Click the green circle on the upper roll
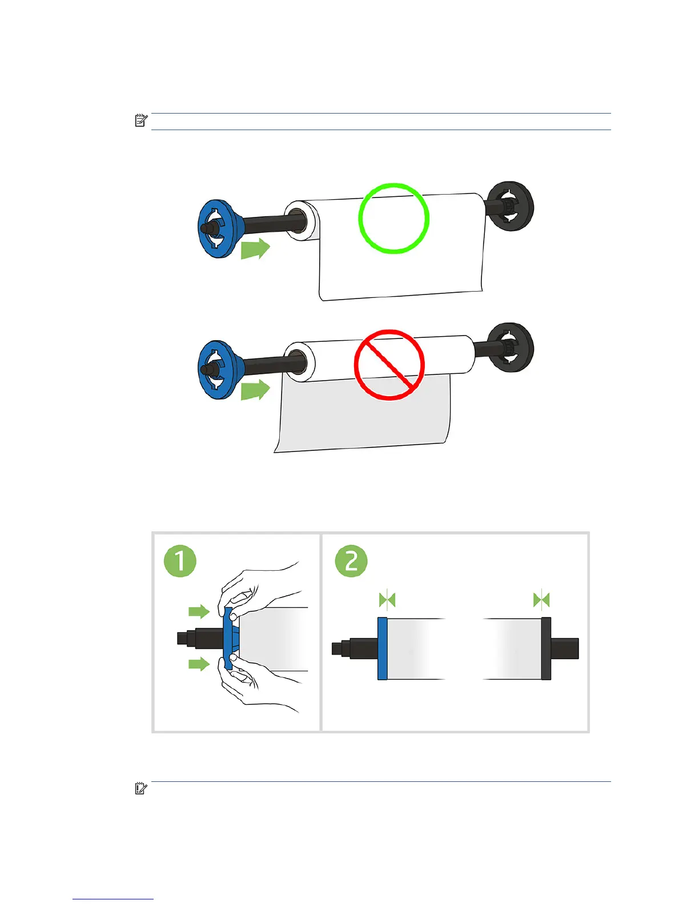point(393,218)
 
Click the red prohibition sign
point(389,365)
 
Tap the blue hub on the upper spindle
point(218,228)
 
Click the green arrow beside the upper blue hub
point(255,249)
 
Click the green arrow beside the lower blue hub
point(255,390)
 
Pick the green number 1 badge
point(180,561)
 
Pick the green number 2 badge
point(351,560)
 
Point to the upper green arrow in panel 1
point(199,612)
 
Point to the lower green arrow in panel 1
point(199,664)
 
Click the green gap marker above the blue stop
point(387,600)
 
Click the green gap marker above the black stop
point(541,600)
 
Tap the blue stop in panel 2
point(383,648)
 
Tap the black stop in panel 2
point(546,648)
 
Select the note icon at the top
point(141,120)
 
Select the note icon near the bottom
point(141,789)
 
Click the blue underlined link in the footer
point(113,899)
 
